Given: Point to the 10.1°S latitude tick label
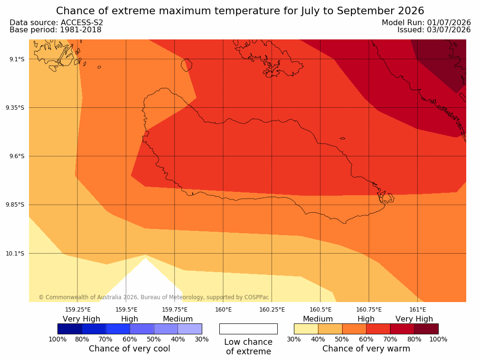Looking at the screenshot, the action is tap(15, 254).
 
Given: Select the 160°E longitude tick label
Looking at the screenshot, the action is tap(223, 310).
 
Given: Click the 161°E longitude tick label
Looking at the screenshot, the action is tap(417, 310).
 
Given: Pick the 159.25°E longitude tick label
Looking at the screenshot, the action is tap(78, 310).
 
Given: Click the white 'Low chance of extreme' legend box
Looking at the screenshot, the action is tap(248, 329).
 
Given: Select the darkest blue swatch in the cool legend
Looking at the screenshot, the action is tap(70, 329).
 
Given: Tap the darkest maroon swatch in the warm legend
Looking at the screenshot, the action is tap(426, 329).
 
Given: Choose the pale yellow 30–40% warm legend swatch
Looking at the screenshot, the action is tap(306, 329).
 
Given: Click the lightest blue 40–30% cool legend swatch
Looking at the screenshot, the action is tap(190, 329).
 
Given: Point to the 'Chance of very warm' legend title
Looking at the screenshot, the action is tap(366, 349).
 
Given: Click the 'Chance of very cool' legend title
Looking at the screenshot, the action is tap(130, 349).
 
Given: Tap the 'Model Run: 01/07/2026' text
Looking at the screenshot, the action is tap(426, 23).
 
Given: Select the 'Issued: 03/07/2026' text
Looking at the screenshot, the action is tap(434, 30).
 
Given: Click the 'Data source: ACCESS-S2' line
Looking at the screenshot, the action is tap(56, 23).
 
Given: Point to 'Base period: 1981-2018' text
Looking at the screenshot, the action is tap(56, 30).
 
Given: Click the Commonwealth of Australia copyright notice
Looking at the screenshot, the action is tap(154, 297).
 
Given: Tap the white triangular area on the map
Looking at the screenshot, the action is tap(145, 282).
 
